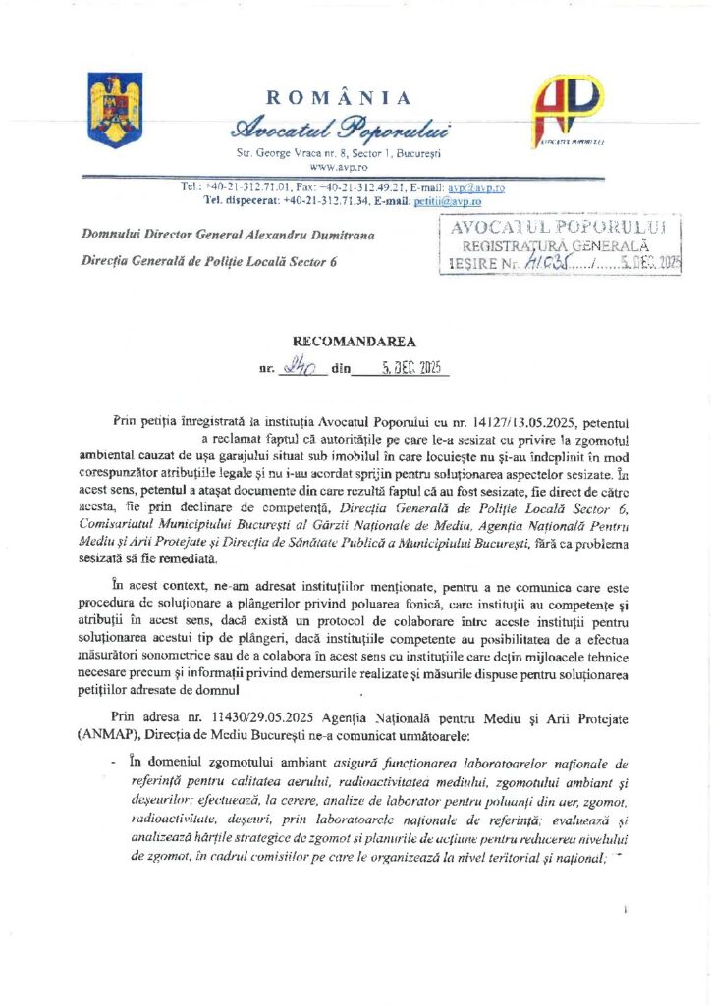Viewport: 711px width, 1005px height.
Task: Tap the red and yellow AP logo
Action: pyautogui.click(x=567, y=109)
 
